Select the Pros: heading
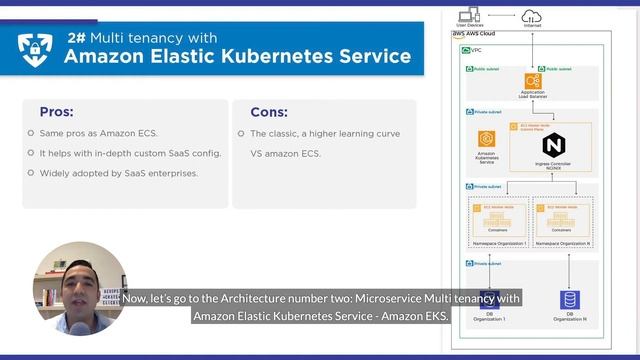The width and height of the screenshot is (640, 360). pyautogui.click(x=56, y=112)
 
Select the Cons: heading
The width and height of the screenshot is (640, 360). pyautogui.click(x=268, y=112)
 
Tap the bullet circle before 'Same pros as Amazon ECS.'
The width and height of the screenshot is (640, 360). pyautogui.click(x=31, y=134)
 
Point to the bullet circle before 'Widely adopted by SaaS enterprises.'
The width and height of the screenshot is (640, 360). pyautogui.click(x=31, y=173)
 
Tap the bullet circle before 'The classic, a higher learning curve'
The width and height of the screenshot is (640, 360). pyautogui.click(x=242, y=134)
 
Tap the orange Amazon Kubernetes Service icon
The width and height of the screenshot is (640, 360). pyautogui.click(x=487, y=140)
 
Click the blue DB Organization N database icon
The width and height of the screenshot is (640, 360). pyautogui.click(x=569, y=299)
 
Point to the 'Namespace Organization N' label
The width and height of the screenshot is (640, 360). pyautogui.click(x=563, y=243)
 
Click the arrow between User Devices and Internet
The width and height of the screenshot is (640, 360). pyautogui.click(x=499, y=14)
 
